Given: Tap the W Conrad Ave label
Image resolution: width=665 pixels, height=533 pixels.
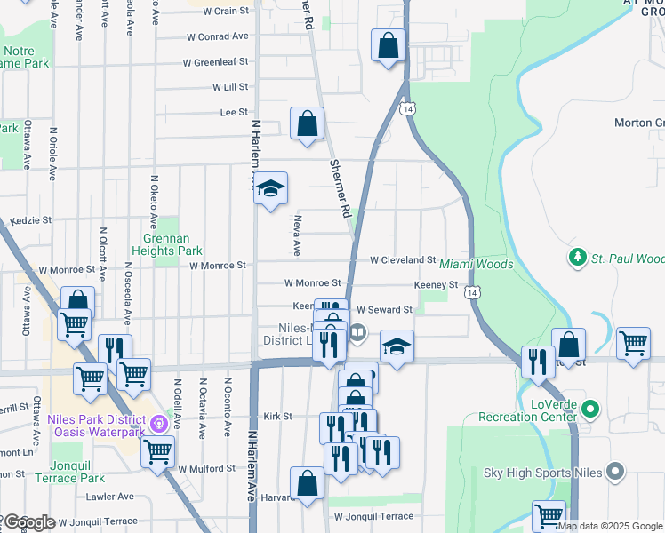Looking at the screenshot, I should pyautogui.click(x=219, y=36).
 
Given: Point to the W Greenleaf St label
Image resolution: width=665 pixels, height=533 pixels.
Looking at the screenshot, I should pyautogui.click(x=215, y=62).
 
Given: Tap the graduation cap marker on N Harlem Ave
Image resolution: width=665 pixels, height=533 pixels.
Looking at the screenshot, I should pyautogui.click(x=271, y=189).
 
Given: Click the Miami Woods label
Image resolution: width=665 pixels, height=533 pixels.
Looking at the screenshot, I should pyautogui.click(x=476, y=265).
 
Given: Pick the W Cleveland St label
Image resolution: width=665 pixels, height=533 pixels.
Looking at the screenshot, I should pyautogui.click(x=402, y=260).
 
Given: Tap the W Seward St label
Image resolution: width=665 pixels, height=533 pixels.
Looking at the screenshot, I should pyautogui.click(x=384, y=310).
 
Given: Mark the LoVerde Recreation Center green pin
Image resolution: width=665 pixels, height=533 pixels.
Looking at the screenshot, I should pyautogui.click(x=592, y=410).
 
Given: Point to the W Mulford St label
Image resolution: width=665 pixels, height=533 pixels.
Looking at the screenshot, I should pyautogui.click(x=211, y=468).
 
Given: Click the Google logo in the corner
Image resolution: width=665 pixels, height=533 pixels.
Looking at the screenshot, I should pyautogui.click(x=28, y=522).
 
